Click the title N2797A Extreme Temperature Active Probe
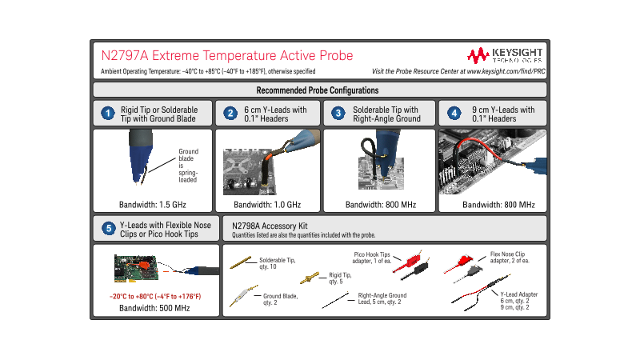click(x=226, y=55)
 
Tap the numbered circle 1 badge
click(x=106, y=114)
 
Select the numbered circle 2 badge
click(x=230, y=114)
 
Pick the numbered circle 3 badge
click(x=338, y=114)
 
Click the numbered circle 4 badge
click(x=454, y=114)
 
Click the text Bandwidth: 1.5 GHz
click(x=152, y=205)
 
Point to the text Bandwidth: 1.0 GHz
click(x=268, y=205)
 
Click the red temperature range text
click(x=155, y=297)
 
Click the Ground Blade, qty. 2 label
click(x=281, y=299)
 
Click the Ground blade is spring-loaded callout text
click(x=188, y=166)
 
